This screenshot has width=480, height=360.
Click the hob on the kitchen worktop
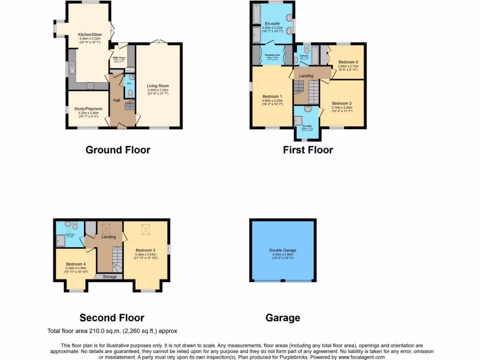click(90, 85)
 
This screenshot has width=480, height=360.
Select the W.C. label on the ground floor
click(129, 84)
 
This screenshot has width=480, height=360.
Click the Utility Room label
click(119, 57)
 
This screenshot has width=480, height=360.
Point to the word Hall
click(117, 100)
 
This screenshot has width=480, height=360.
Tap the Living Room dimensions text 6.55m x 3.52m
click(157, 90)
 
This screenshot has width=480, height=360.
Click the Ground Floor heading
click(118, 150)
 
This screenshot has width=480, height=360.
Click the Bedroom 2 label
click(342, 103)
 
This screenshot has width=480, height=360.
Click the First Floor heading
click(308, 150)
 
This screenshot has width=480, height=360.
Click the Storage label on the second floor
click(109, 277)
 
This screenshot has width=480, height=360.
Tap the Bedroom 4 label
click(75, 264)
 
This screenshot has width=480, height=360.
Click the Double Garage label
click(283, 250)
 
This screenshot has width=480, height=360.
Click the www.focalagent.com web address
click(360, 357)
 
